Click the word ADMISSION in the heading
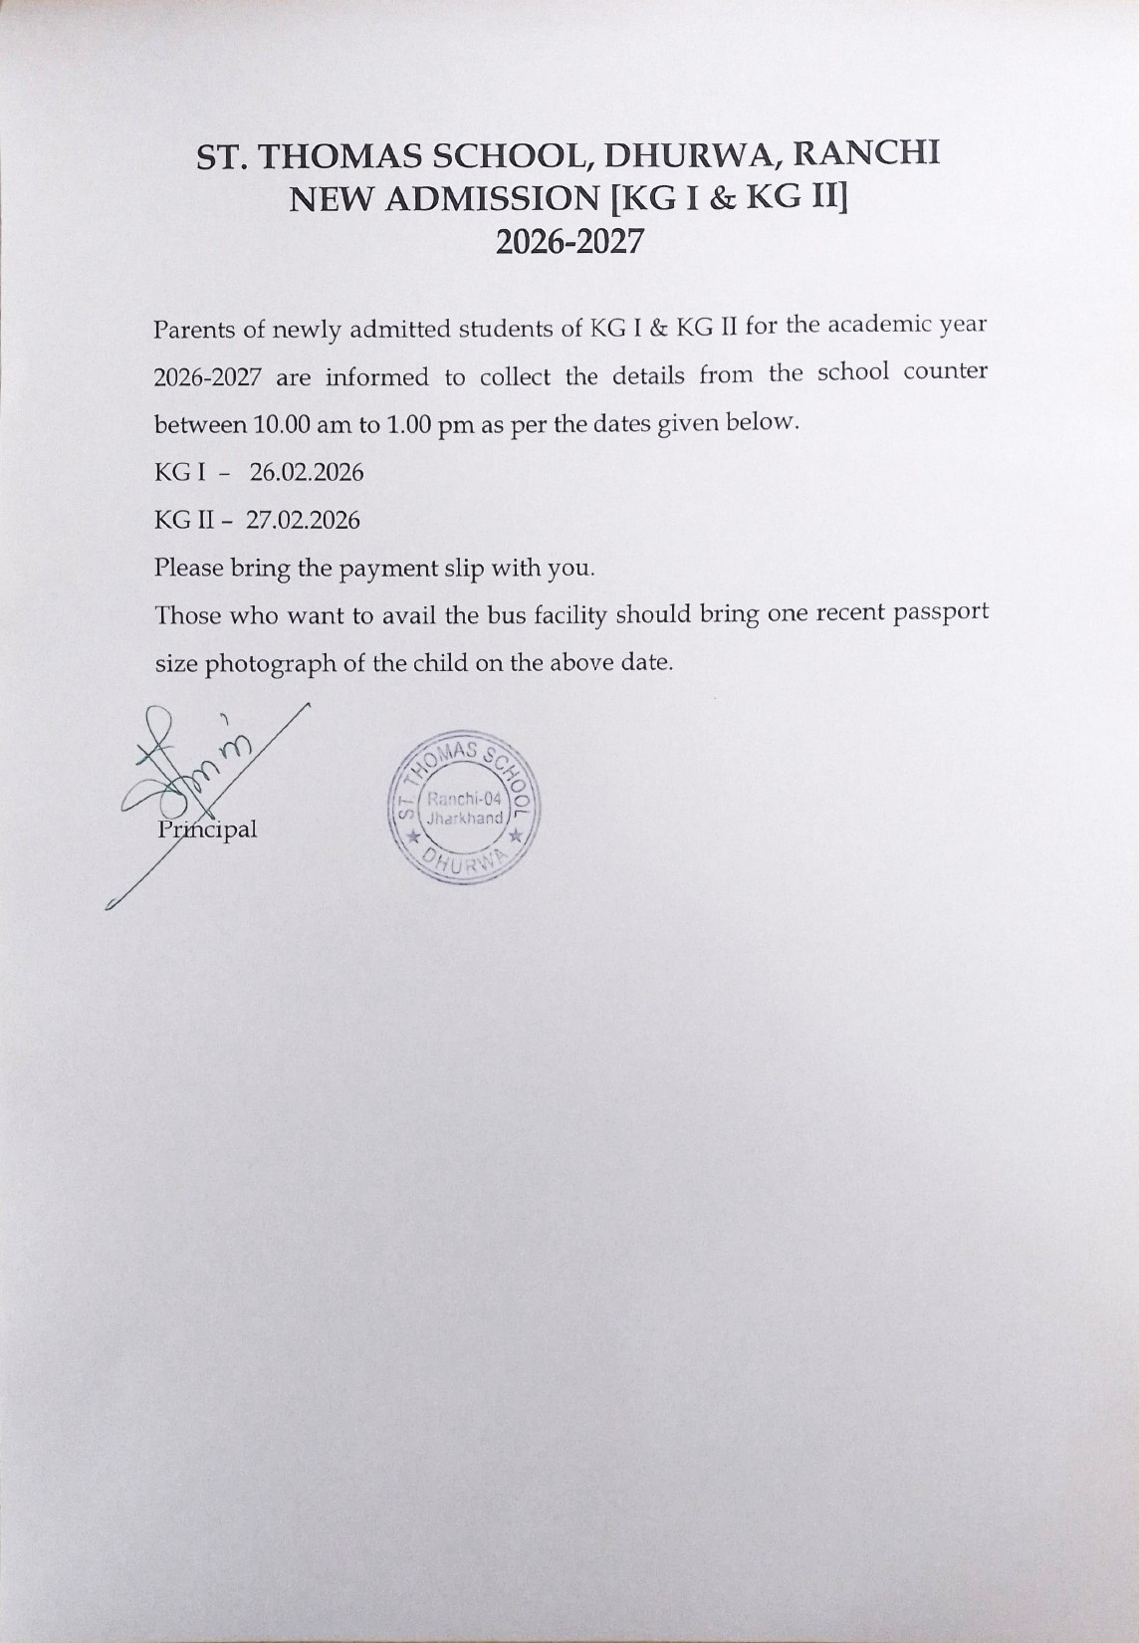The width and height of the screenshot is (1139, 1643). [x=496, y=200]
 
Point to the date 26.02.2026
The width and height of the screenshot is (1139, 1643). [x=307, y=472]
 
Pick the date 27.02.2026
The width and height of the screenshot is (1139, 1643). [x=303, y=521]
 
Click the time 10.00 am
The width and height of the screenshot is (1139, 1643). [x=295, y=424]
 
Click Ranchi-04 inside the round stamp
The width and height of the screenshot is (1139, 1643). [x=466, y=800]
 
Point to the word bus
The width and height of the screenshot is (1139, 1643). [x=506, y=615]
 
